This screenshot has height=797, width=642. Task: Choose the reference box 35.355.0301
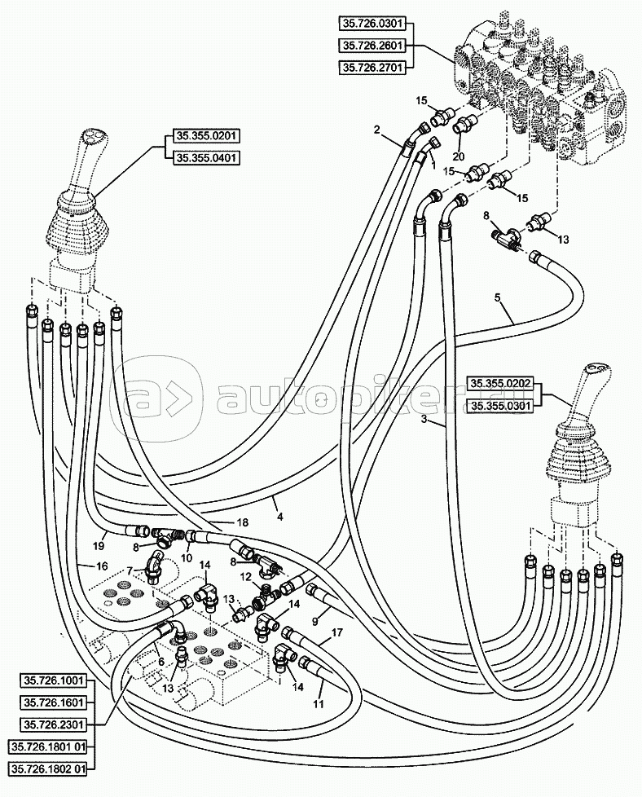tap(499, 402)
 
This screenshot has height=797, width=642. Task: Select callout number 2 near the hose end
tap(377, 130)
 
